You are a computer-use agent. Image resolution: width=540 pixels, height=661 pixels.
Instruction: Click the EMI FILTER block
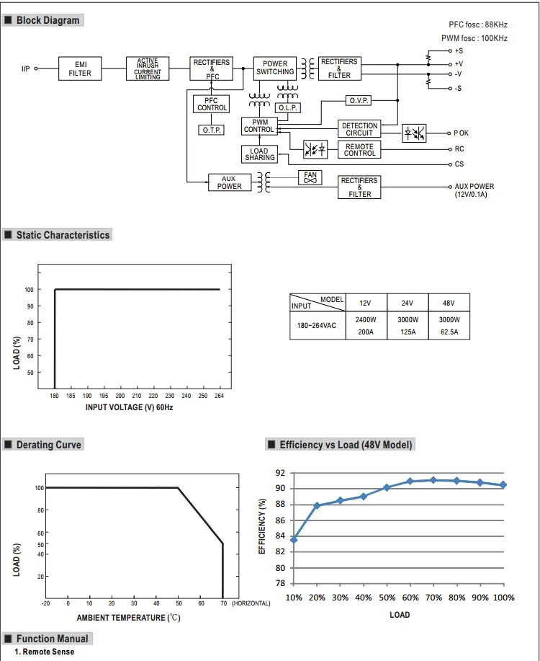coord(80,68)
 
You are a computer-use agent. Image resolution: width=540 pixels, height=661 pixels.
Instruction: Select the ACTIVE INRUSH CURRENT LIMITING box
coord(147,68)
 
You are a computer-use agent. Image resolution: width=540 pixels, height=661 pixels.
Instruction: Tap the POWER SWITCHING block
coord(274,68)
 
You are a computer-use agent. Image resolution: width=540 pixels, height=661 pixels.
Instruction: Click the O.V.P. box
coord(359,100)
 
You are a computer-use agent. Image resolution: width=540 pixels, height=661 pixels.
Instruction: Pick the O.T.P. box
coord(212,130)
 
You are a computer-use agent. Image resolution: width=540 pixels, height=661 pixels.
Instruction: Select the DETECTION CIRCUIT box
coord(359,129)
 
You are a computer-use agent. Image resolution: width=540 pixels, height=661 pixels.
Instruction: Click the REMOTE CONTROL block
coord(359,150)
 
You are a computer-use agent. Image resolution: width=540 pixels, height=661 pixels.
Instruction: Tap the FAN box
coord(310,177)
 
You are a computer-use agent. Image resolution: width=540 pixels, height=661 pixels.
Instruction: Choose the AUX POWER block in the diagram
coord(230,182)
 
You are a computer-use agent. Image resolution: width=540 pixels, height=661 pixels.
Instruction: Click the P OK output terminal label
coord(462,133)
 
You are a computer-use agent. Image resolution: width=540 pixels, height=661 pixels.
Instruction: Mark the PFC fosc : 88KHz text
coord(478,24)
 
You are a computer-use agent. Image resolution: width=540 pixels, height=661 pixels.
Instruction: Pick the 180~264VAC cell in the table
coord(317,325)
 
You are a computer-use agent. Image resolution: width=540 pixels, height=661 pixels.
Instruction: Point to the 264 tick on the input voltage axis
coord(219,396)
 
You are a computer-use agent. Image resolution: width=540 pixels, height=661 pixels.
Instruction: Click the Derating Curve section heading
coord(48,445)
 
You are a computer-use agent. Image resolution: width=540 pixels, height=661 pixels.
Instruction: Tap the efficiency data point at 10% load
coord(294,539)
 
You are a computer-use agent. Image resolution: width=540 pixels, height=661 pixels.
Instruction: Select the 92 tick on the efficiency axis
coord(280,473)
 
